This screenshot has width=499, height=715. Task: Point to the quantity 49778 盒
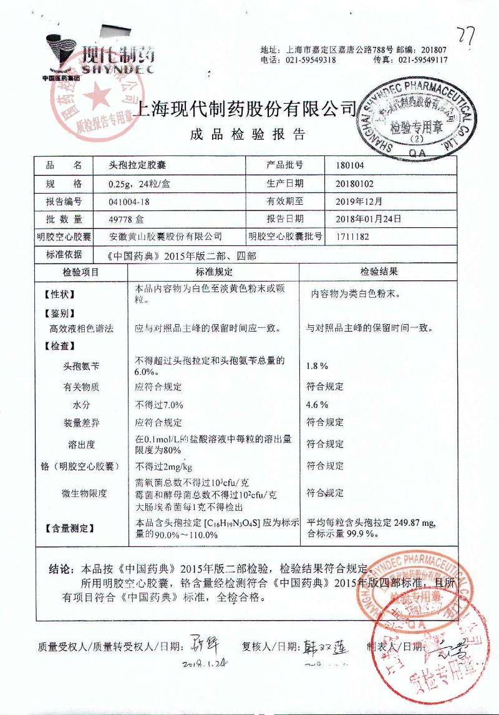point(127,219)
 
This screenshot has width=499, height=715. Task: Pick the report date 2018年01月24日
point(368,219)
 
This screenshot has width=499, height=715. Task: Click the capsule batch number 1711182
point(353,237)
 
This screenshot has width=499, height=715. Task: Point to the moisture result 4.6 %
point(317,405)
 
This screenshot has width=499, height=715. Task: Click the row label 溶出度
point(81,445)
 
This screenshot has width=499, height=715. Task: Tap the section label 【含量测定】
point(69,528)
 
